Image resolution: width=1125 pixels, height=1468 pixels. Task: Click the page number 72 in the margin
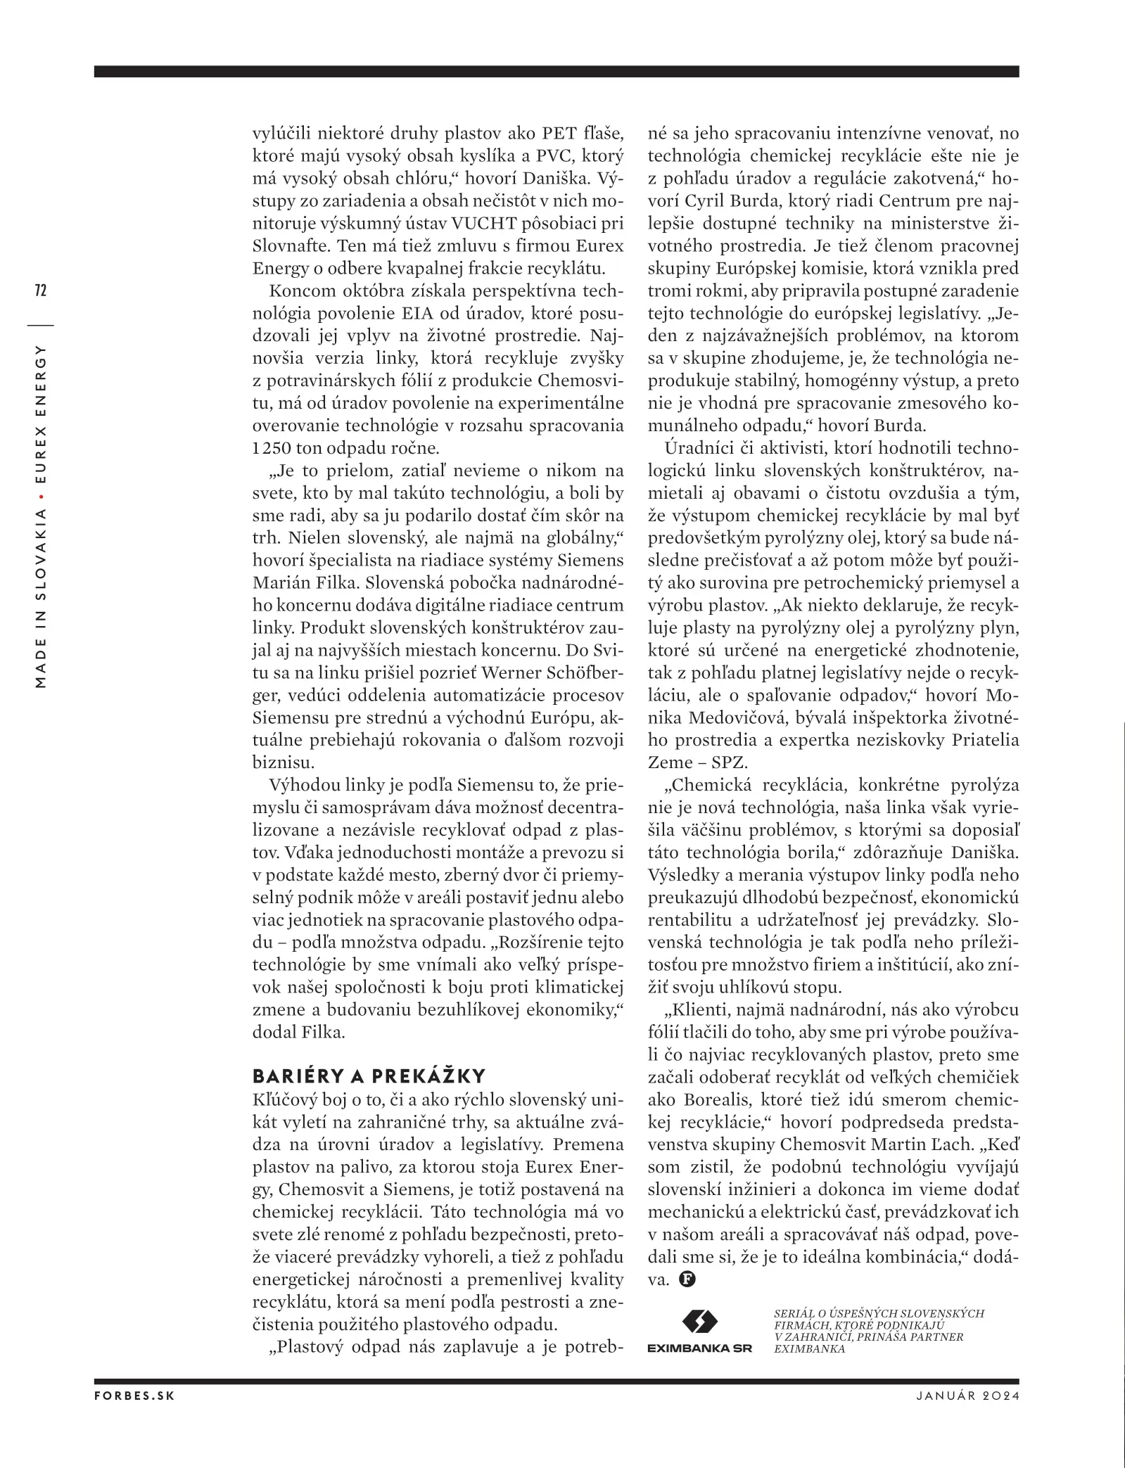(x=40, y=290)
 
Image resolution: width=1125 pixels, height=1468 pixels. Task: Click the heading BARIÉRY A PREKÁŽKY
(x=369, y=1076)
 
